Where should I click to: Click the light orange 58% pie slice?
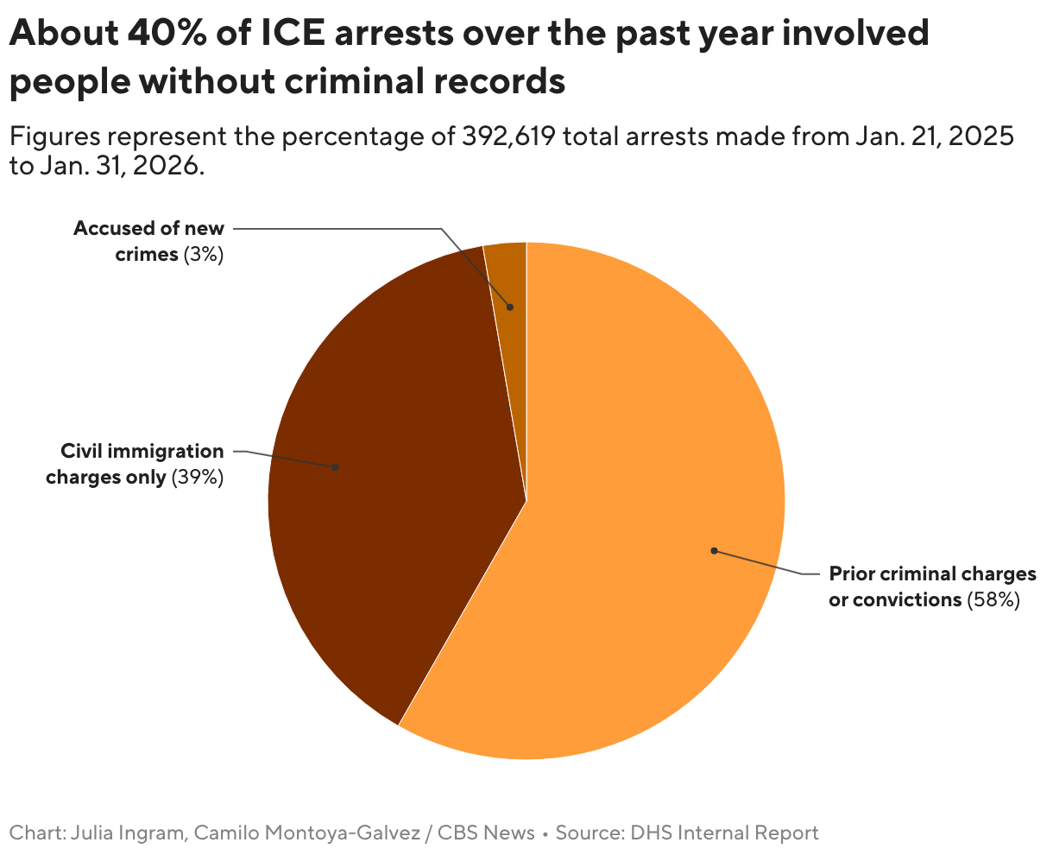pyautogui.click(x=639, y=518)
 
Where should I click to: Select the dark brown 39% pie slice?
pyautogui.click(x=388, y=484)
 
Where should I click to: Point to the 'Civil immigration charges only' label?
pyautogui.click(x=134, y=464)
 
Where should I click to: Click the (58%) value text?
pyautogui.click(x=993, y=599)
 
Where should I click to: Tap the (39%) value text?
pyautogui.click(x=198, y=477)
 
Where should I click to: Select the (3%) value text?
pyautogui.click(x=204, y=255)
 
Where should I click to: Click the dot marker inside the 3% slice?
pyautogui.click(x=510, y=307)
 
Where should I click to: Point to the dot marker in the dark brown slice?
pyautogui.click(x=336, y=467)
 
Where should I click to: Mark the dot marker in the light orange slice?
pyautogui.click(x=714, y=550)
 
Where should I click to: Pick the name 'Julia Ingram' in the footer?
pyautogui.click(x=126, y=833)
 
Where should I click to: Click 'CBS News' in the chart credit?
pyautogui.click(x=486, y=833)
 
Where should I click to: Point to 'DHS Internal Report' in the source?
pyautogui.click(x=724, y=833)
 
